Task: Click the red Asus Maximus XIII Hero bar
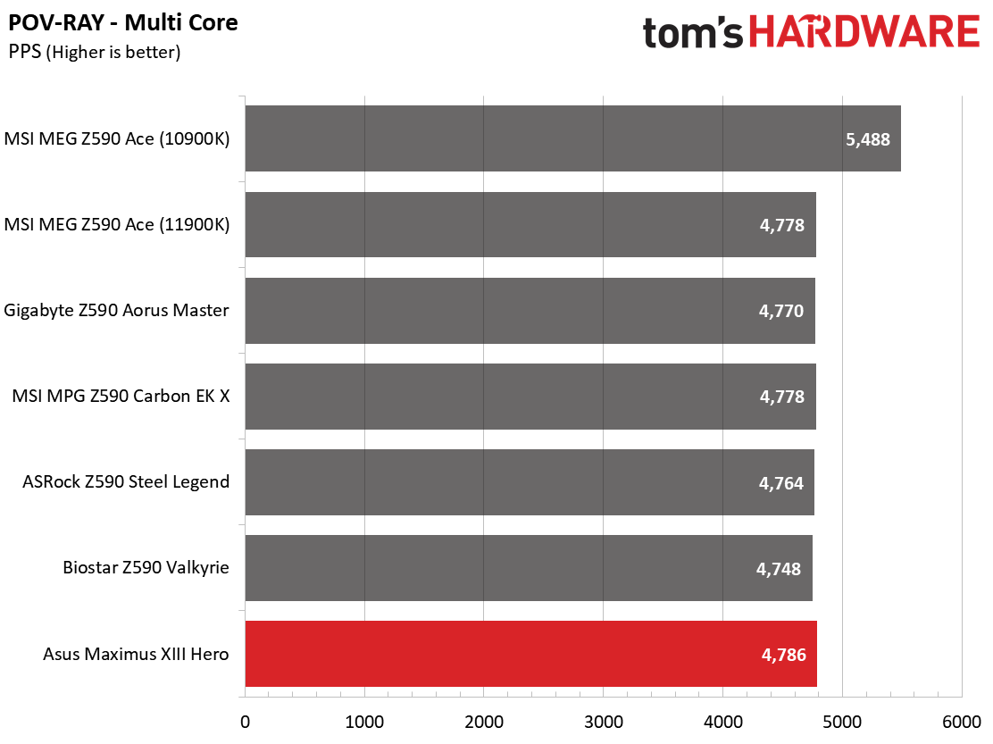pos(530,654)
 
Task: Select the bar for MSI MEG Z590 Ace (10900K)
pos(573,138)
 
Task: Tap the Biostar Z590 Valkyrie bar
pos(529,568)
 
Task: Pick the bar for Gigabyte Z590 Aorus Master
pos(530,310)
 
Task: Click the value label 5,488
pos(868,139)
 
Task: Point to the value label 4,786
pos(783,655)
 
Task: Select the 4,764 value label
pos(780,483)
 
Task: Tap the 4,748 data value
pos(779,569)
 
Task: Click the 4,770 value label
pos(780,311)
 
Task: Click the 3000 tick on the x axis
pos(604,722)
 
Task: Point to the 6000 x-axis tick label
pos(962,722)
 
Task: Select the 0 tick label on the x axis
pos(245,722)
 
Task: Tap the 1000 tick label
pos(364,722)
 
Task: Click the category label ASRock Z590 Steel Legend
pos(126,482)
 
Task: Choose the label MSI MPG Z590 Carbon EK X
pos(121,396)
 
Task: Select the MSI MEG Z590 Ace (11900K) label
pos(117,225)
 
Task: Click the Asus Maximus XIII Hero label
pos(136,654)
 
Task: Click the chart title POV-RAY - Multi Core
pos(123,23)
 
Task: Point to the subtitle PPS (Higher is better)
pos(95,52)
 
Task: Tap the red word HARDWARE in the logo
pos(864,31)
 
